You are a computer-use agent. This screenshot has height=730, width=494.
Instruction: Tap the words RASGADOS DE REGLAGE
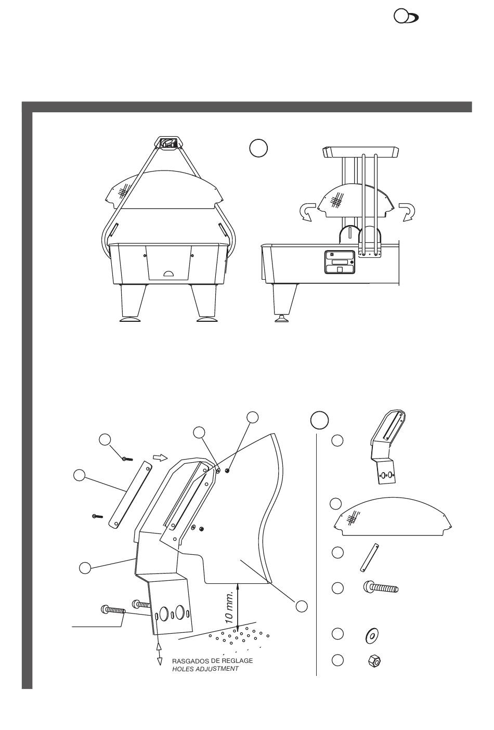click(x=212, y=661)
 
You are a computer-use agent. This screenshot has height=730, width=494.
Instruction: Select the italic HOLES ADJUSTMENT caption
click(x=205, y=669)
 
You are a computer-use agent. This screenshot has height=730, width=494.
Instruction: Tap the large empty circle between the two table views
click(x=258, y=148)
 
